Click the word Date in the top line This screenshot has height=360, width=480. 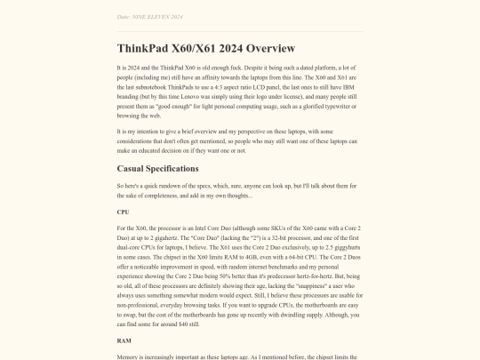coord(124,17)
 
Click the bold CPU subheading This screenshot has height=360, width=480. coord(124,212)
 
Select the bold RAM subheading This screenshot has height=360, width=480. coord(124,340)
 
